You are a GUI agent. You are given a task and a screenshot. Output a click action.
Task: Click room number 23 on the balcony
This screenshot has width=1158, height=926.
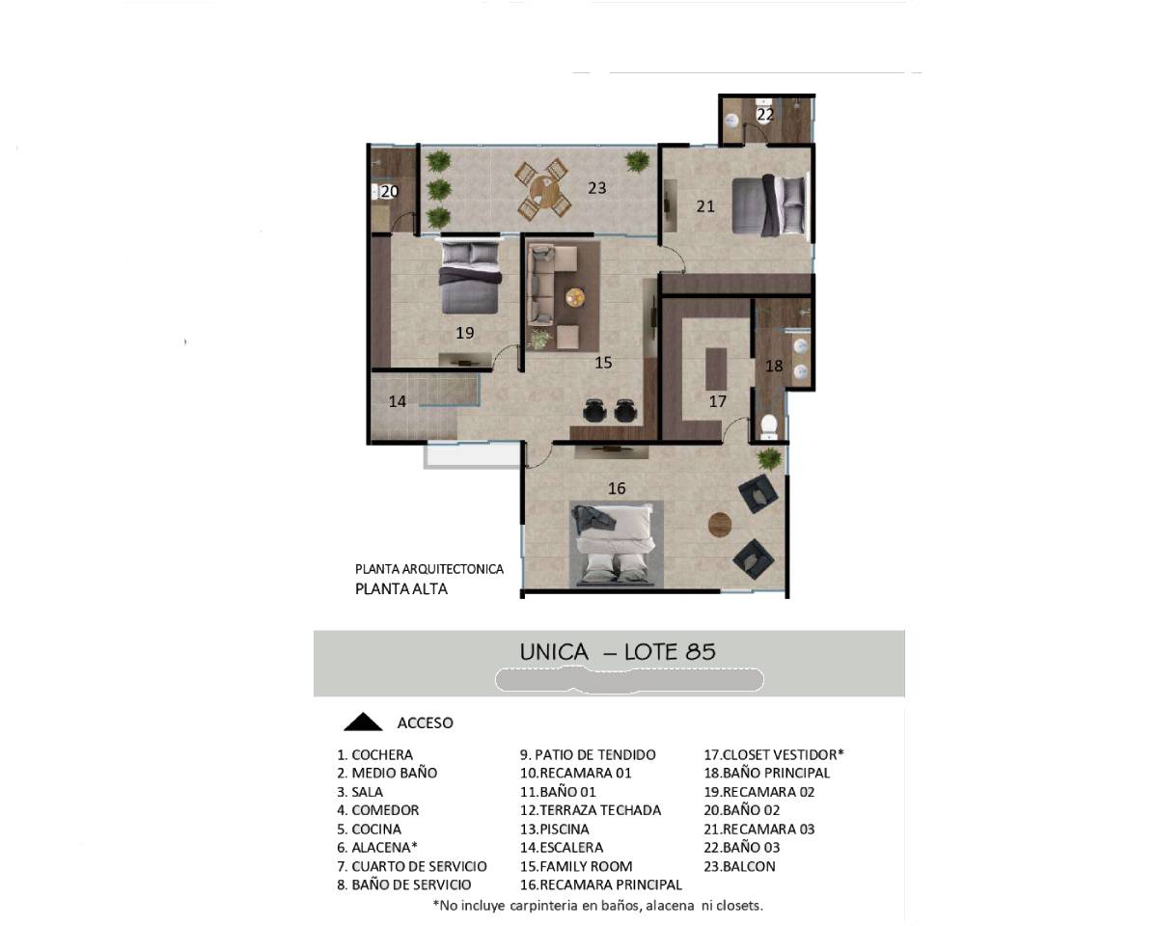[596, 188]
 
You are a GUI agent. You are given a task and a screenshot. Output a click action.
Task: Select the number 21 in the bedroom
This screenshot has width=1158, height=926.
[705, 206]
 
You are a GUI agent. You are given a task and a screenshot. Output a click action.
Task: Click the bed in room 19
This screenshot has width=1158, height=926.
[471, 277]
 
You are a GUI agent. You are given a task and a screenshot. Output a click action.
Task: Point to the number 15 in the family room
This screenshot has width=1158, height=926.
[603, 363]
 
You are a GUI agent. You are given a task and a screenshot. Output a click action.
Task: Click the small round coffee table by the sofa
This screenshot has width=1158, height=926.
[575, 297]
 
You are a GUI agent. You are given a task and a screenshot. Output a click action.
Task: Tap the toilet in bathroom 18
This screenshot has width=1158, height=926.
[769, 426]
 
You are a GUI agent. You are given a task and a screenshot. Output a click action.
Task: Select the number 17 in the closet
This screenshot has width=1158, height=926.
[717, 401]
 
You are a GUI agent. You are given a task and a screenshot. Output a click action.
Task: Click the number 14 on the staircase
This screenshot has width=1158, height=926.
[398, 401]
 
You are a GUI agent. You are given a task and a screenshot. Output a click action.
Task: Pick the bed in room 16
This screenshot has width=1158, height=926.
[617, 544]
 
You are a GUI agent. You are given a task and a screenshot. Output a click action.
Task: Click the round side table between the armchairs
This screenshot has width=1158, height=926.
[720, 524]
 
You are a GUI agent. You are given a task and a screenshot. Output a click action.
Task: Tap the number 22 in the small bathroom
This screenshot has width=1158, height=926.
[765, 114]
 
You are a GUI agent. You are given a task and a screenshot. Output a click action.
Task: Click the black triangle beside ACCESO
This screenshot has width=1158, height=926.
[363, 722]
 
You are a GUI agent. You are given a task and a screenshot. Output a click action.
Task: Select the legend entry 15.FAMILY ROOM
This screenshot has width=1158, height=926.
[576, 866]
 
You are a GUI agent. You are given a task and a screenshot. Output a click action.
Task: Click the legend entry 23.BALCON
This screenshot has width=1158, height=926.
[739, 866]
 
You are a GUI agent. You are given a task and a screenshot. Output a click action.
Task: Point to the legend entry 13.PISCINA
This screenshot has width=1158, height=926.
[554, 830]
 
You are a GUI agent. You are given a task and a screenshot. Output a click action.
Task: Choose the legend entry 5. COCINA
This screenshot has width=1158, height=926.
[370, 830]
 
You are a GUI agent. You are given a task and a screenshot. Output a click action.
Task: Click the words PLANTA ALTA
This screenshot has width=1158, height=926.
[401, 588]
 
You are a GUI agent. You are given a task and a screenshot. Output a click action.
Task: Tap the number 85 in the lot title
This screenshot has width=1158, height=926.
[701, 652]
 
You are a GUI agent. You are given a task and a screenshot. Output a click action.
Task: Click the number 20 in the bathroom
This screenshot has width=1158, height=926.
[390, 191]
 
